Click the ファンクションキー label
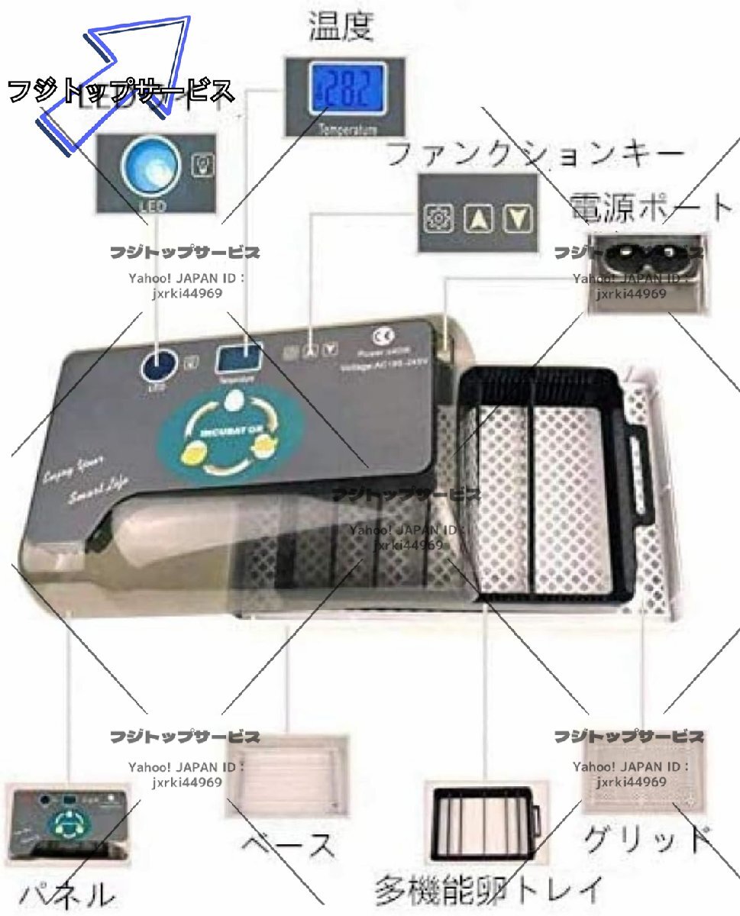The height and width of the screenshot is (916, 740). (535, 155)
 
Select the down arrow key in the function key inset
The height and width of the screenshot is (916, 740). (517, 218)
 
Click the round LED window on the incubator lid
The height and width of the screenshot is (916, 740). (157, 363)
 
